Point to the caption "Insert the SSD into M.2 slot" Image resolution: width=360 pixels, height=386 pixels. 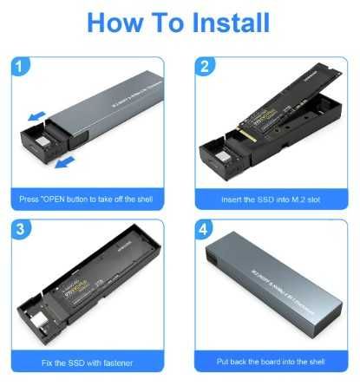[x=269, y=200]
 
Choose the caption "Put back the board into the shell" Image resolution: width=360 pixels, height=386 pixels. [x=269, y=360]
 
